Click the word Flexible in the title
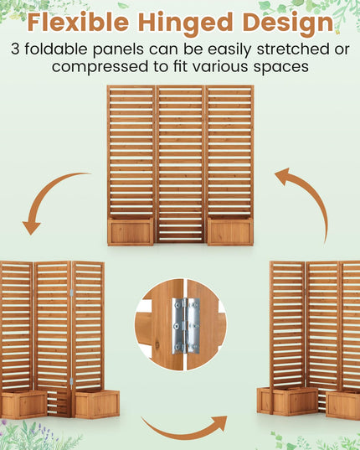tap(78, 23)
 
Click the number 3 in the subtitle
tap(15, 49)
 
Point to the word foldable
tap(56, 49)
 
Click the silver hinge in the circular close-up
tap(186, 326)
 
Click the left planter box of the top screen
tap(131, 231)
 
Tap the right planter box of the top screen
tap(230, 231)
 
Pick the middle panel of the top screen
tap(180, 164)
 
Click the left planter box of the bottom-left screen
tap(23, 405)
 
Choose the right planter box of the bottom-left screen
tap(97, 404)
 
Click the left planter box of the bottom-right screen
tap(287, 401)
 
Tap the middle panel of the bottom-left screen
tap(52, 339)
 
